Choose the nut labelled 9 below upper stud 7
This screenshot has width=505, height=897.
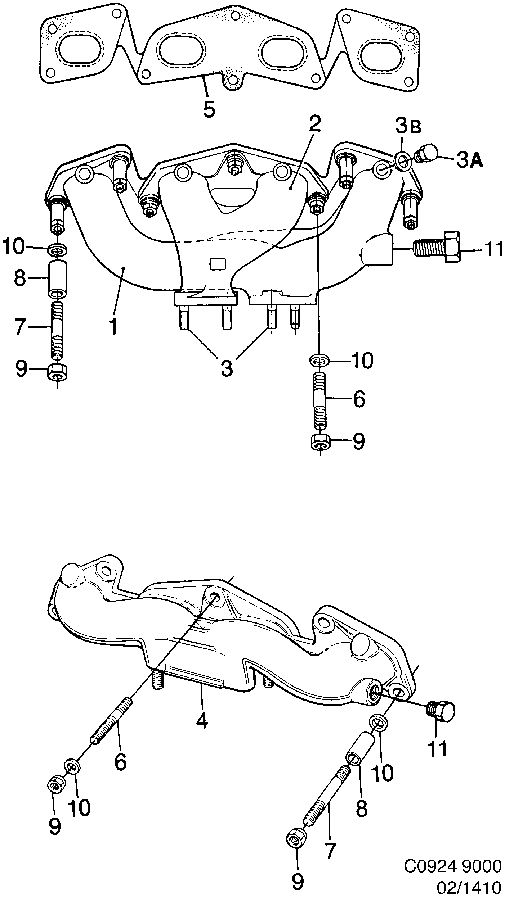58,371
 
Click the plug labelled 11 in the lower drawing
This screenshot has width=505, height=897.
442,710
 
